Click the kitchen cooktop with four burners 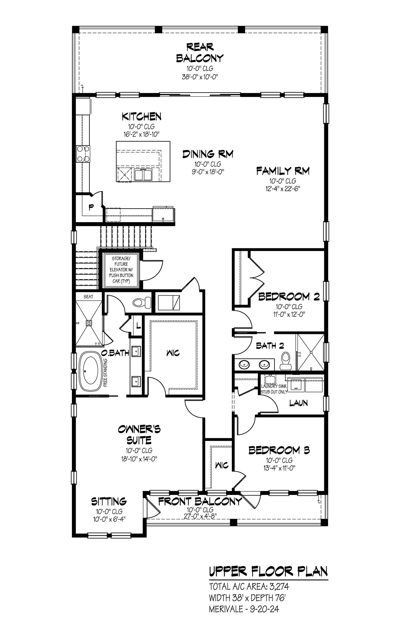pos(83,154)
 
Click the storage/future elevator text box pos(121,270)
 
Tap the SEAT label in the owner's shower pos(88,297)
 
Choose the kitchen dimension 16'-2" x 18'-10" pos(142,134)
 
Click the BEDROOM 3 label pos(279,450)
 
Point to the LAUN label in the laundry pos(298,403)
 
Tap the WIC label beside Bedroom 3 pos(222,466)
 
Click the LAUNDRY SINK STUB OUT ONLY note pos(274,389)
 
